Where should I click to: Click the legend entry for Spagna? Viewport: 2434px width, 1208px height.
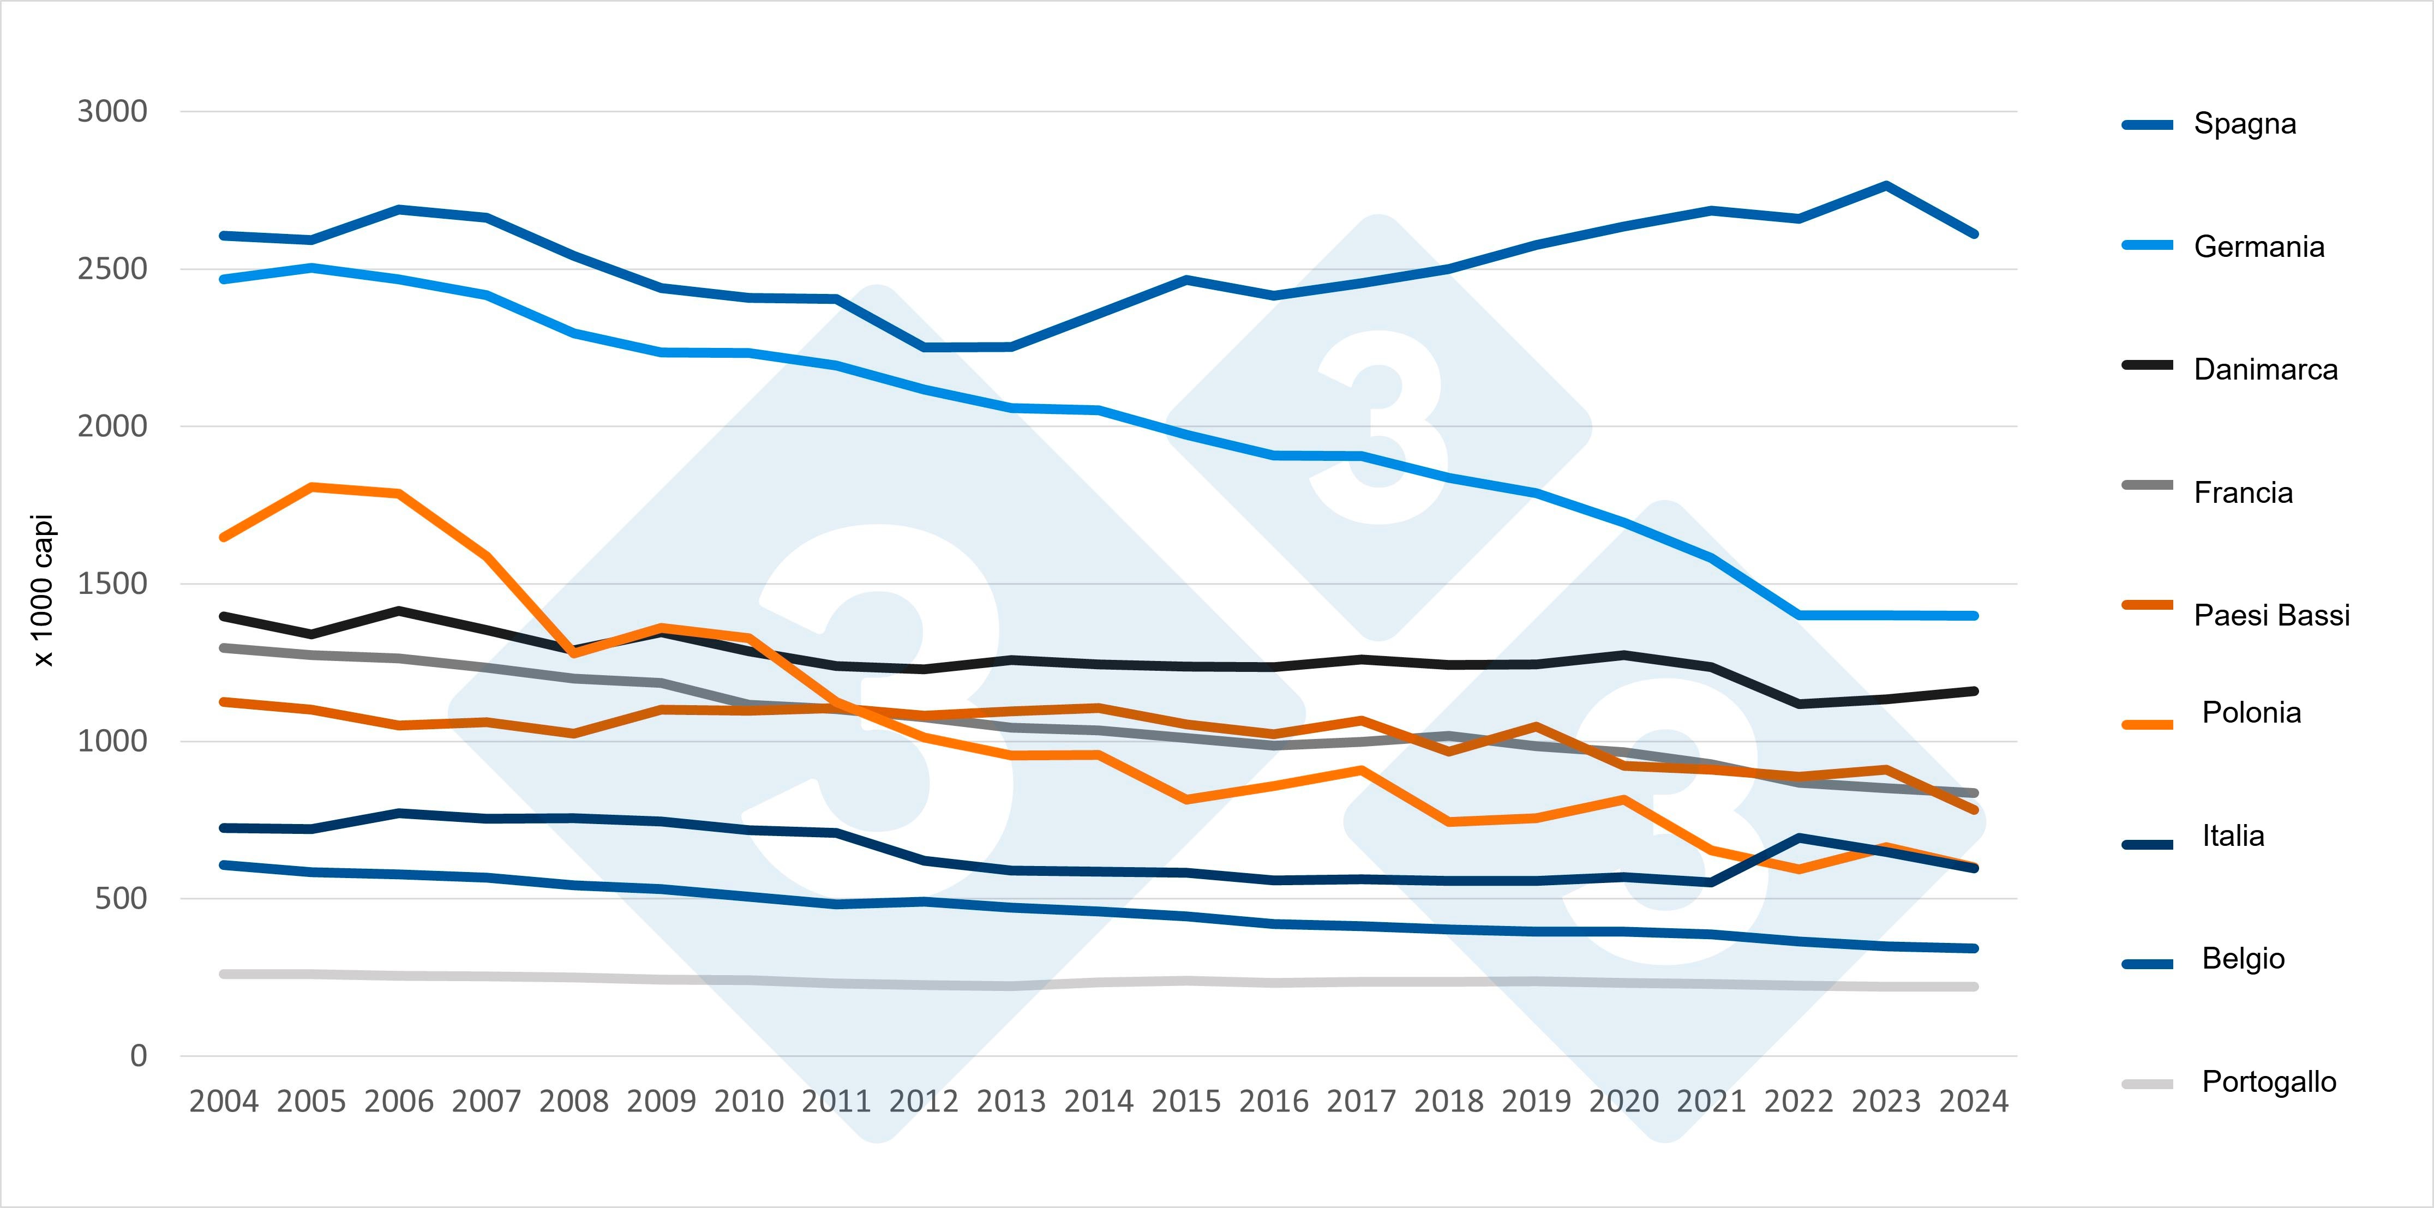coord(2244,124)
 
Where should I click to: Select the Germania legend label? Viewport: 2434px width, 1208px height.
coord(2258,247)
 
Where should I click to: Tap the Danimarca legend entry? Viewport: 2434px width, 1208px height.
coord(2265,369)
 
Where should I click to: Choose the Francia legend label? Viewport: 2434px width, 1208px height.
coord(2242,492)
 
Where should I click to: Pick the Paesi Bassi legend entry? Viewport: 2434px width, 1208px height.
coord(2270,615)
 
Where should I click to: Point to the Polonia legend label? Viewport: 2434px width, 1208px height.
coord(2251,712)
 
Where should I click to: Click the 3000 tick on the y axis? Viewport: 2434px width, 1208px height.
coord(112,111)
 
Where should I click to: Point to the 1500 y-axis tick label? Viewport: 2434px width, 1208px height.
coord(112,584)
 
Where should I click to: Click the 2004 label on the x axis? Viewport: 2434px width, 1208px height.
coord(224,1101)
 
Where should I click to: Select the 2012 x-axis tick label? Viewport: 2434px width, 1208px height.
coord(923,1101)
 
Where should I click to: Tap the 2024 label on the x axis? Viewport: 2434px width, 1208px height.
coord(1974,1101)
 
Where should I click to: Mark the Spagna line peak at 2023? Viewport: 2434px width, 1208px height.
coord(1886,185)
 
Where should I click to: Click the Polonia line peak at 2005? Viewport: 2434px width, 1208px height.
coord(312,488)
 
